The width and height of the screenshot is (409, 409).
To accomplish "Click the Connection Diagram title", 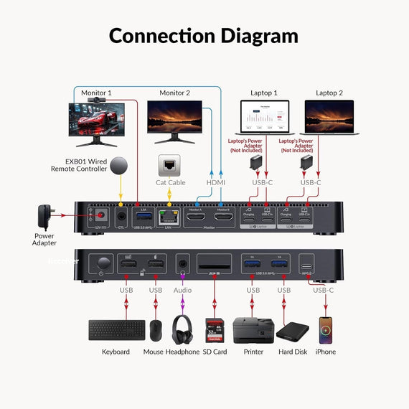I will (x=203, y=35).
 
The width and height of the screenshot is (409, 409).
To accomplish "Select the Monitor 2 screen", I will (x=174, y=116).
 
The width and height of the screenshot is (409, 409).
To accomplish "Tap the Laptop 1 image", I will (x=266, y=118).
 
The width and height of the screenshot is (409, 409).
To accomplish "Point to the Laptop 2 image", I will (x=329, y=118).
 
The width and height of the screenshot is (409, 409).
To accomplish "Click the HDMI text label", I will (x=215, y=183).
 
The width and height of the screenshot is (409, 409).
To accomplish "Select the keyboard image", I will (x=116, y=330).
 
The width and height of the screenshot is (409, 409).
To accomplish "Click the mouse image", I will (x=155, y=330).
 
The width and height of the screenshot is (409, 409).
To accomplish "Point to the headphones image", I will (x=183, y=329).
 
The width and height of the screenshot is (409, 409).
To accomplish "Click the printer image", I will (x=253, y=330).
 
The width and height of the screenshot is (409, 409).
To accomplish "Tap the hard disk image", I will (x=293, y=331).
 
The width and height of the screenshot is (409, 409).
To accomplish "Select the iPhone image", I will (x=326, y=330).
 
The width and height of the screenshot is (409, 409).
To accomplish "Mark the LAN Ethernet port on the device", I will (x=166, y=217).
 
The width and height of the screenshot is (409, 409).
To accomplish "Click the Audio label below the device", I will (x=183, y=291).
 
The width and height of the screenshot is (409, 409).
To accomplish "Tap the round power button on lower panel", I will (x=104, y=262).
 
